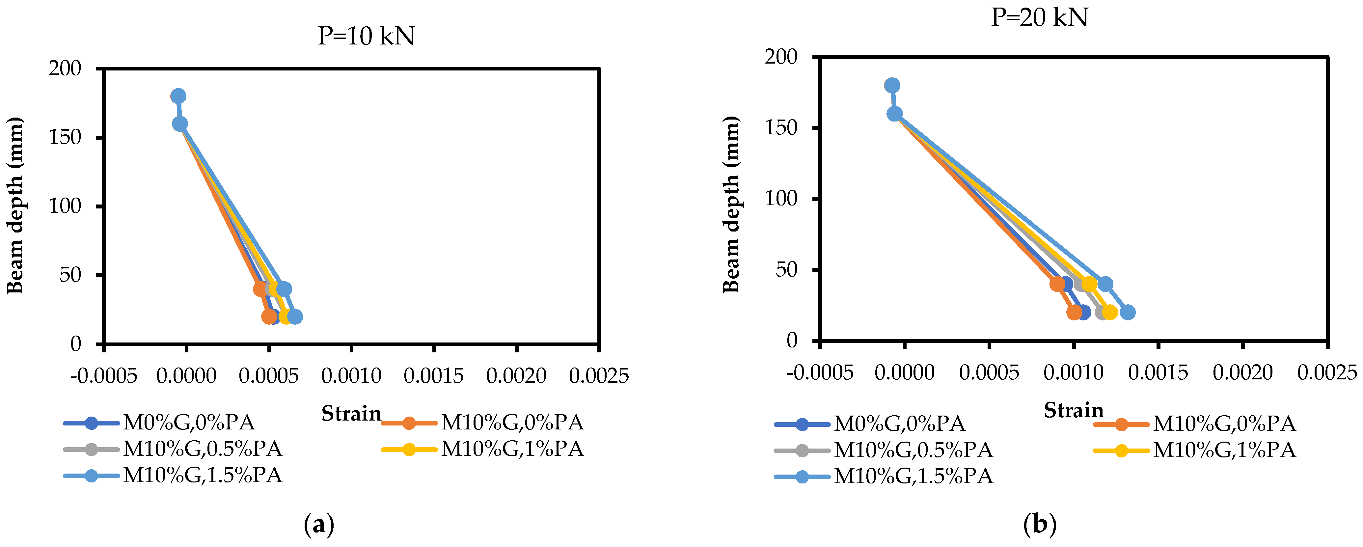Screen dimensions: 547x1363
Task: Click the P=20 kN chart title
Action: coord(1039,17)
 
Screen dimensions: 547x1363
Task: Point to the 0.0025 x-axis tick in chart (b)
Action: coord(1327,373)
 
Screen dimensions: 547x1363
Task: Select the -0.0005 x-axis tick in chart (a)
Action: coord(104,376)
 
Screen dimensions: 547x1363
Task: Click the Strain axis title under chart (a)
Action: coord(351,414)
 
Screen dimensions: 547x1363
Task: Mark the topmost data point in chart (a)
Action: coord(178,96)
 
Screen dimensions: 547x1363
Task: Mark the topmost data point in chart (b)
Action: coord(892,85)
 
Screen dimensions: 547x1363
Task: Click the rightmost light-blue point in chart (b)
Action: coord(1128,312)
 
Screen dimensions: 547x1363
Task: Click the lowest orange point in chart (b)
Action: coord(1075,312)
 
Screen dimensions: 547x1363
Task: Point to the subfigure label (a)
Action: coord(319,525)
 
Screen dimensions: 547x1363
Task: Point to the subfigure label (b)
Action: coord(1040,525)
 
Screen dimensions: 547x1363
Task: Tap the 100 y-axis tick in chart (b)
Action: coord(781,199)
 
